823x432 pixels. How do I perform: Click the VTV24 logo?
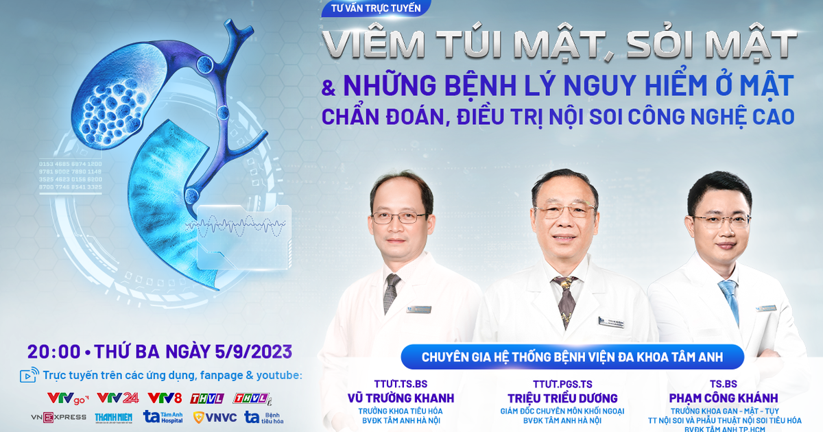pyautogui.click(x=118, y=397)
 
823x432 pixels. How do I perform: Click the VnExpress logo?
pyautogui.click(x=59, y=417)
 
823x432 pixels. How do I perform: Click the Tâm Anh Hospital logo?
pyautogui.click(x=163, y=417)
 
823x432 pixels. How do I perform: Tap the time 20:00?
pyautogui.click(x=53, y=352)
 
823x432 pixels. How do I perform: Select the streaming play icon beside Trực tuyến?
pyautogui.click(x=29, y=375)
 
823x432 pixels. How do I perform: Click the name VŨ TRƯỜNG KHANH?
pyautogui.click(x=401, y=398)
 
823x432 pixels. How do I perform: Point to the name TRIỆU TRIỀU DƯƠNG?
pyautogui.click(x=562, y=398)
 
